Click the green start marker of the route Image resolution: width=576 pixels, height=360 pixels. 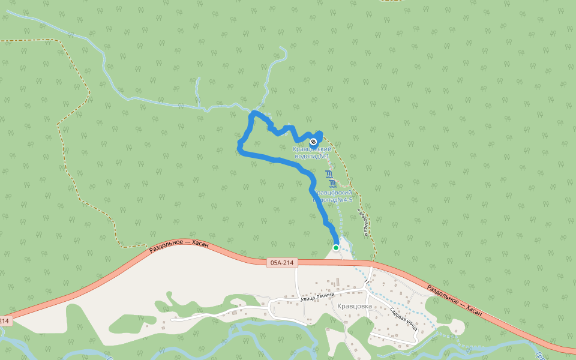[x=336, y=247]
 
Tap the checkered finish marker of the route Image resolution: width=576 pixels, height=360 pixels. [x=313, y=142]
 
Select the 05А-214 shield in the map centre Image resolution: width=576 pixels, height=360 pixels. [x=281, y=262]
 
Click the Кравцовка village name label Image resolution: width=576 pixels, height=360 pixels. [x=355, y=306]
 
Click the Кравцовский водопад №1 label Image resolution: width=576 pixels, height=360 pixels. [x=312, y=152]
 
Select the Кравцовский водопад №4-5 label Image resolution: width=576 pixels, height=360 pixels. [x=332, y=196]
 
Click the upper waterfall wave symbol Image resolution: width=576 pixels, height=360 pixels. [x=329, y=175]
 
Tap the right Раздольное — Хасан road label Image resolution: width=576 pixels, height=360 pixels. [x=454, y=299]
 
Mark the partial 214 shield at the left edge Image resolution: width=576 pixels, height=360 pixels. [x=4, y=321]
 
